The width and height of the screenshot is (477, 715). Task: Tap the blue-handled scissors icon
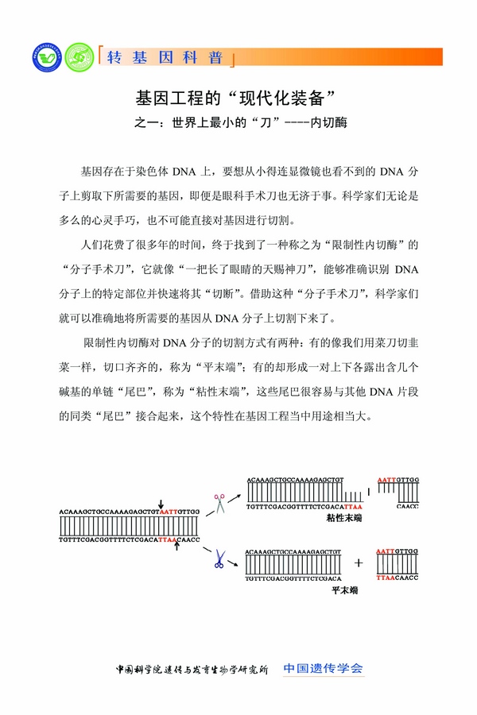(218, 559)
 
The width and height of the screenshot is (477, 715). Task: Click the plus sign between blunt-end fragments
(359, 562)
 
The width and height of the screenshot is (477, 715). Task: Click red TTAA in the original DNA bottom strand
(168, 539)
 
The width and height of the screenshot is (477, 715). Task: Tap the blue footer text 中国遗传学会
(324, 668)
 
